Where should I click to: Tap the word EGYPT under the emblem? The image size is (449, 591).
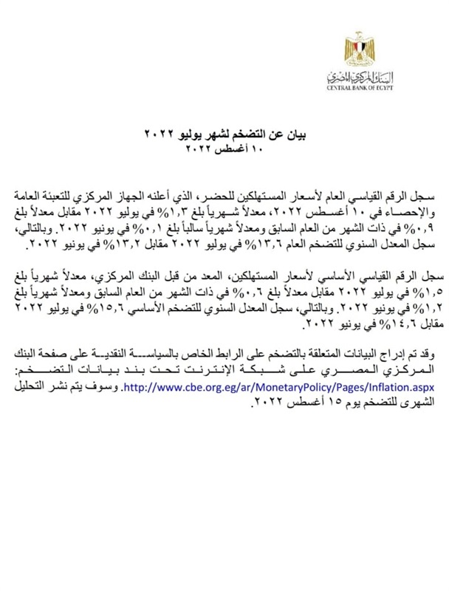pyautogui.click(x=383, y=89)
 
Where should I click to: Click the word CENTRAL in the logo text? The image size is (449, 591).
pyautogui.click(x=338, y=89)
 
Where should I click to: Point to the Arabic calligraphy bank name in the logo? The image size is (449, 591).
pyautogui.click(x=360, y=77)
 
